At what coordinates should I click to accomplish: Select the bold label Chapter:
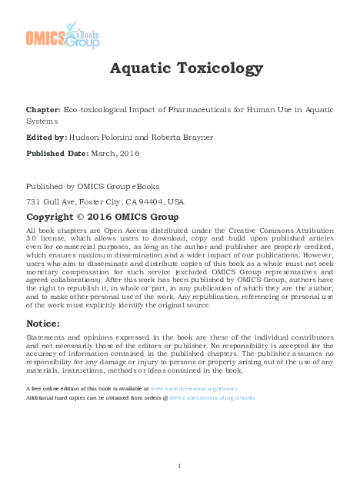coord(42,111)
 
